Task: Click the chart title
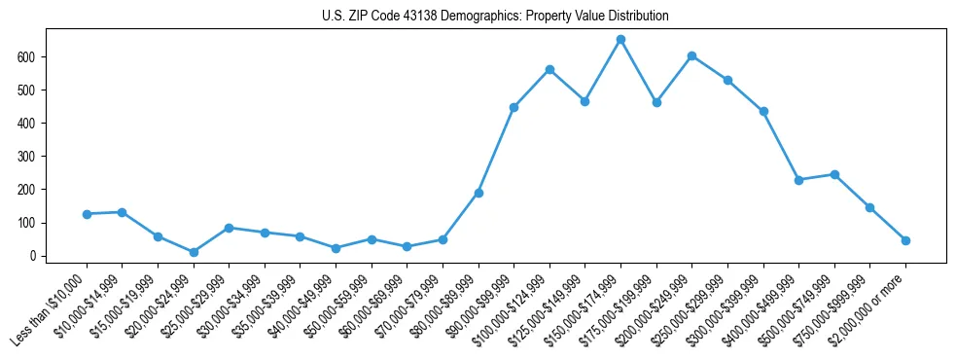[495, 17]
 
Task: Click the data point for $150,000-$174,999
[620, 40]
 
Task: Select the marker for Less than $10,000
[87, 214]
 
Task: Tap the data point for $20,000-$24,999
[194, 252]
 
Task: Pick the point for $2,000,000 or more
[905, 240]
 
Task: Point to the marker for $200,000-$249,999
[691, 56]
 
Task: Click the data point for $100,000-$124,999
[549, 70]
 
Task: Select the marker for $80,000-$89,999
[478, 193]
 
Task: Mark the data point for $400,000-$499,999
[798, 180]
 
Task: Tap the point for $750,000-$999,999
[869, 207]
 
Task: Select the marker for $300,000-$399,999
[763, 111]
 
